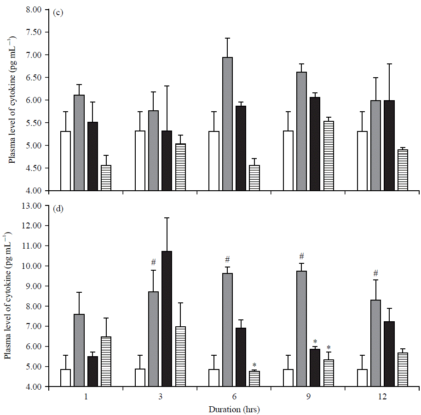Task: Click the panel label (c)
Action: tap(58, 12)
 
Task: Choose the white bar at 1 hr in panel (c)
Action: tap(65, 161)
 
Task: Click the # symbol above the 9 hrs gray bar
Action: tap(302, 256)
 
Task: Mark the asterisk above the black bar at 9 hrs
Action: tap(315, 341)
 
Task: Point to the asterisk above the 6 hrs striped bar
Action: tap(254, 365)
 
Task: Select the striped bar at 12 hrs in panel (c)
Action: tap(403, 170)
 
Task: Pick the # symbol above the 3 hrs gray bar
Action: tap(154, 262)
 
